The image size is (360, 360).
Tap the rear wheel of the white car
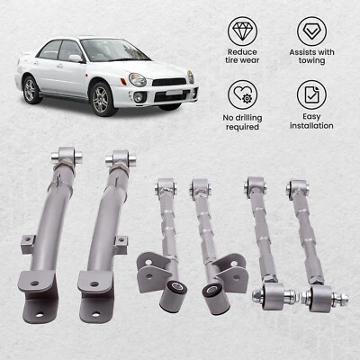pyautogui.click(x=31, y=87)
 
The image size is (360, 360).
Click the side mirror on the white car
pyautogui.click(x=76, y=58)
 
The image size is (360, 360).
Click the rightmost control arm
pyautogui.click(x=311, y=243)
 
